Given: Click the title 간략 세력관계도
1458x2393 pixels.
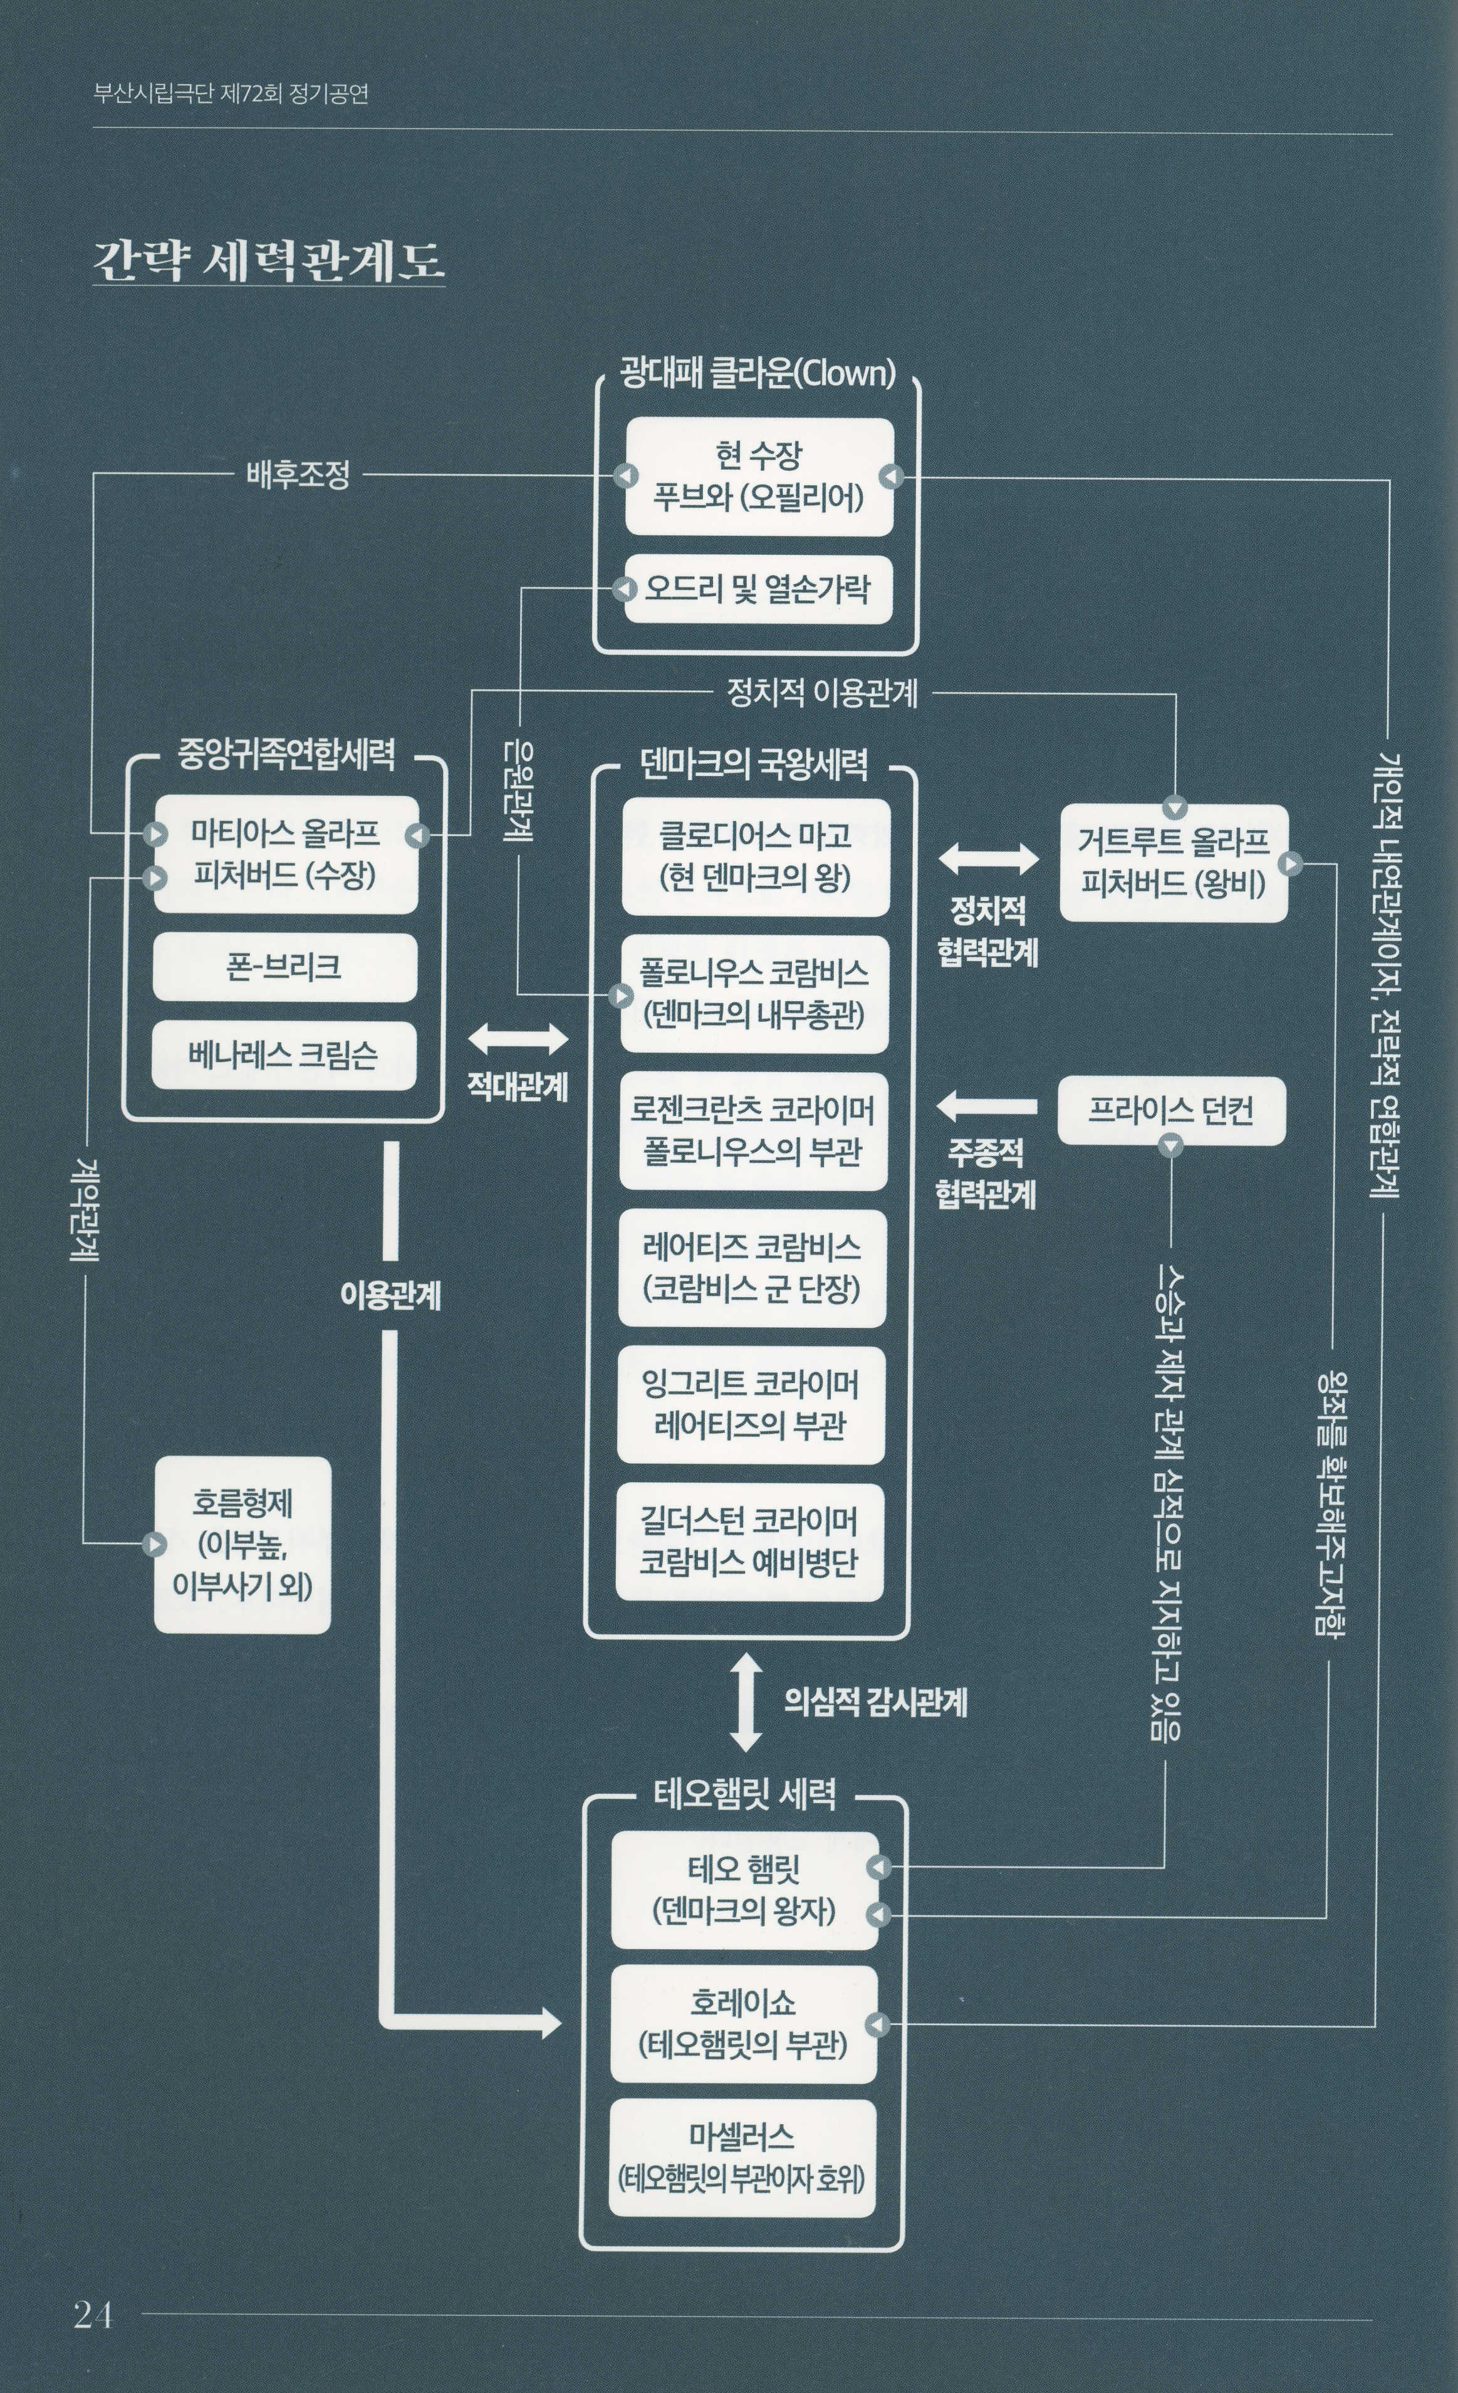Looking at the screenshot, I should [x=268, y=260].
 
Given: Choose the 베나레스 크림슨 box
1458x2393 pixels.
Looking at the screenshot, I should [x=283, y=1054].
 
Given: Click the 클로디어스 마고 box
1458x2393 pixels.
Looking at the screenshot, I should [x=755, y=856].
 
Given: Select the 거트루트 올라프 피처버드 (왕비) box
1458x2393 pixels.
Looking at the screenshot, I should [x=1173, y=863].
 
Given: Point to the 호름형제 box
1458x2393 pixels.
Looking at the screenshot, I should [x=242, y=1544].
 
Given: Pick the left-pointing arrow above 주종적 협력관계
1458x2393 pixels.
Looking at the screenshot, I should [x=986, y=1105].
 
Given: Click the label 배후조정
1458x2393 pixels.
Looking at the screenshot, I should [x=298, y=475].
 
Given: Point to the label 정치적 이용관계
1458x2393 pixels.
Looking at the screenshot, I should [x=822, y=693].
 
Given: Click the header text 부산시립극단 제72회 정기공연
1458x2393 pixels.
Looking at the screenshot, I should [x=231, y=93].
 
